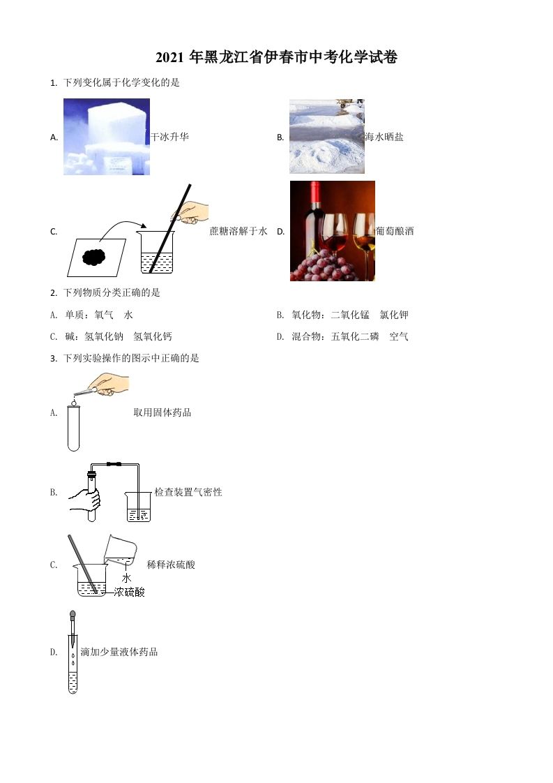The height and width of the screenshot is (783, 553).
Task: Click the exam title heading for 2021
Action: click(276, 58)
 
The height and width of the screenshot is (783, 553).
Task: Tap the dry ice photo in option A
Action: click(106, 137)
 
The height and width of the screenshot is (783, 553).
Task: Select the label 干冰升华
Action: click(169, 137)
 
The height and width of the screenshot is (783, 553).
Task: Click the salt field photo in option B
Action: click(326, 136)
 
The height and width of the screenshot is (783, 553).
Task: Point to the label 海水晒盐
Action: click(384, 137)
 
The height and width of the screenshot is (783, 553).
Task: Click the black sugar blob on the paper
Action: click(94, 256)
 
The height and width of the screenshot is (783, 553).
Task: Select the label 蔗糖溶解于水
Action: click(238, 231)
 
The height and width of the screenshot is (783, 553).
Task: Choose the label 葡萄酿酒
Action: click(395, 231)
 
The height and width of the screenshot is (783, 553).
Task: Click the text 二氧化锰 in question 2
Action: click(350, 315)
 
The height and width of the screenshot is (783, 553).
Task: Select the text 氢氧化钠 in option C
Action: click(104, 336)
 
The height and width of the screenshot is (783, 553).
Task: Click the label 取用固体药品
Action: click(162, 412)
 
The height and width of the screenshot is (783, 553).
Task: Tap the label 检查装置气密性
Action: click(188, 492)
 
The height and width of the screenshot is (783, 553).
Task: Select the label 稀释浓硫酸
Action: click(172, 564)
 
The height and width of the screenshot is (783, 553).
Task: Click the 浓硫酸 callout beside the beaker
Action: click(129, 592)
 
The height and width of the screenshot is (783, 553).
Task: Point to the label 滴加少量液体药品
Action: click(119, 652)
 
